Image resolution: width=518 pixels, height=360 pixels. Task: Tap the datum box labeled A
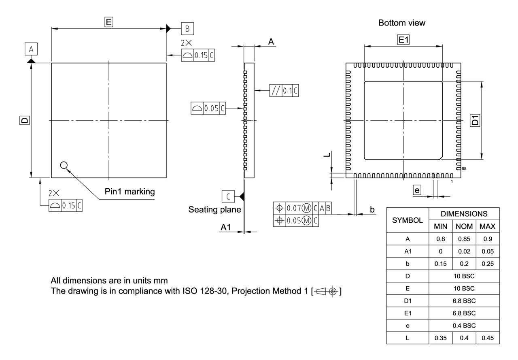coord(31,49)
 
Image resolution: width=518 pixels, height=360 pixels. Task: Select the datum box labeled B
coord(187,29)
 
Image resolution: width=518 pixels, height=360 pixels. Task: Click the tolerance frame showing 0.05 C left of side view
coord(208,109)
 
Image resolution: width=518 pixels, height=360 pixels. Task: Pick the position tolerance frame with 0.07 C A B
coord(303,209)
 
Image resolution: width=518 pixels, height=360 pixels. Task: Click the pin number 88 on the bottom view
coord(464,168)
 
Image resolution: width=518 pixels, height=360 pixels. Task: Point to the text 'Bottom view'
coord(402,23)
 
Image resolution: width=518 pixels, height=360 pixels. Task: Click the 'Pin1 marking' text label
coord(129,192)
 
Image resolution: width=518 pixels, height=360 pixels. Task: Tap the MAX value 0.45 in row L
coord(487,337)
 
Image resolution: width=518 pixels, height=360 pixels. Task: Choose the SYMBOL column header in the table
coord(408,220)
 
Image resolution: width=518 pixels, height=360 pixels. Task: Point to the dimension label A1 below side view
coord(225,228)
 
